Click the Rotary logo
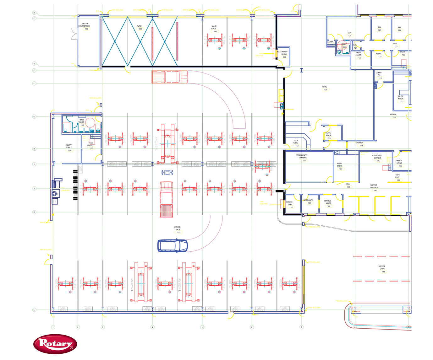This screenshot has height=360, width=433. [55, 344]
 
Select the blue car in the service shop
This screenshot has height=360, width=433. [173, 245]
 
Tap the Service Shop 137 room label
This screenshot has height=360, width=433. [178, 230]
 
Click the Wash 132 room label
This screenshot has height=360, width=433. [140, 28]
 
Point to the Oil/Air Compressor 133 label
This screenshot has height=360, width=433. [85, 26]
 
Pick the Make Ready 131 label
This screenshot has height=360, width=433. [214, 29]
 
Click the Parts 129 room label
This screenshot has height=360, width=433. [325, 88]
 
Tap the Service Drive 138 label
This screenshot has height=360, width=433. [382, 269]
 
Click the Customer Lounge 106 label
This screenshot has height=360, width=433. [377, 158]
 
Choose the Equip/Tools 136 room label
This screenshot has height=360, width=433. [69, 148]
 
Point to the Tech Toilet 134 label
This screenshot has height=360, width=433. [81, 122]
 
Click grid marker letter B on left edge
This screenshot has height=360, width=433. [34, 13]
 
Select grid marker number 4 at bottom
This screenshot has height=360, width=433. [152, 327]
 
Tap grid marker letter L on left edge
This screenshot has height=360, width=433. [34, 310]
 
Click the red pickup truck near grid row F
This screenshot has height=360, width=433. [170, 77]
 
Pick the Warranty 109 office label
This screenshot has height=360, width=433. [308, 201]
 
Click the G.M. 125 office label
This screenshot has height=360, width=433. [349, 34]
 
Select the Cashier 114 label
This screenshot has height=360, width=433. [359, 144]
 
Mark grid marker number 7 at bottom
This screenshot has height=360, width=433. [301, 327]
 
